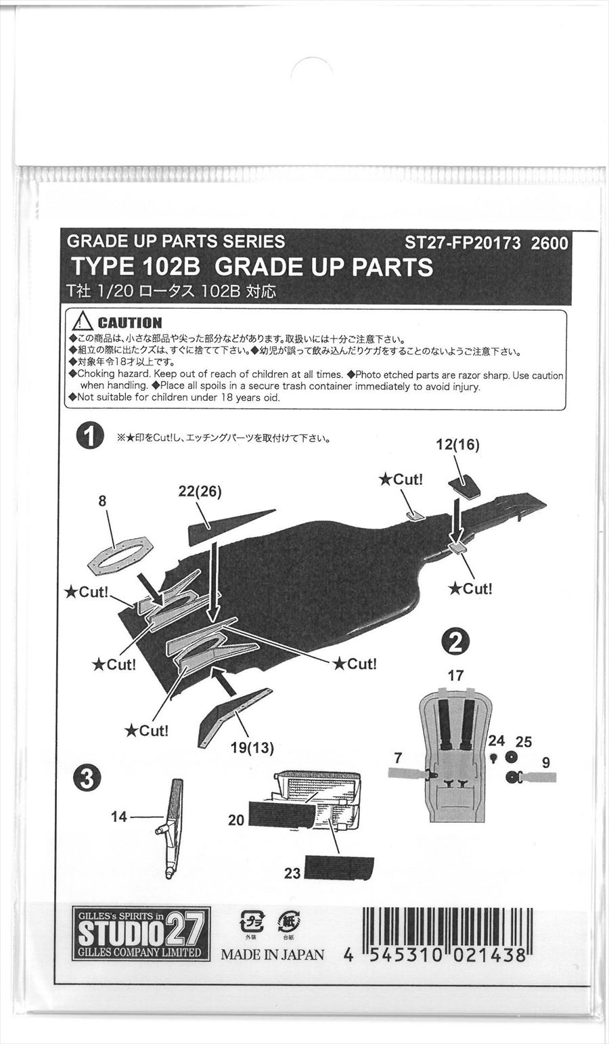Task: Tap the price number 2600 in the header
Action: (549, 243)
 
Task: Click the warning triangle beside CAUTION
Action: (83, 321)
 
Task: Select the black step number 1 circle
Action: (89, 435)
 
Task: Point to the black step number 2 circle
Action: (455, 643)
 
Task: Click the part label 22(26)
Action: (200, 492)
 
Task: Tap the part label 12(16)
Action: (457, 445)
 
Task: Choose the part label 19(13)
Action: (252, 747)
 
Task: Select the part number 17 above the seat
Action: (455, 675)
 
